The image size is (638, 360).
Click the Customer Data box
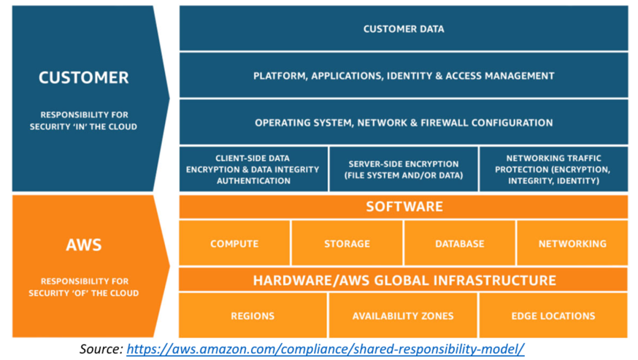tap(403, 29)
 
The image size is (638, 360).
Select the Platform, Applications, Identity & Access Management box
tap(403, 76)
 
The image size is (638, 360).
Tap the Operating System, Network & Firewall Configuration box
tap(403, 123)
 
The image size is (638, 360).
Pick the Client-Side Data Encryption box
tap(253, 169)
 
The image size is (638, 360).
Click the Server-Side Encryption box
tap(403, 169)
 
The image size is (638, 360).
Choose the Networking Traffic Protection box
tap(553, 169)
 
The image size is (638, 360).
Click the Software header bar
tap(403, 207)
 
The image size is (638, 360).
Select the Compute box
tap(234, 243)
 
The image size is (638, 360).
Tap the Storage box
tap(347, 243)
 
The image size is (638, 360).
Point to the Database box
tap(459, 243)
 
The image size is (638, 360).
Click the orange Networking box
tap(572, 243)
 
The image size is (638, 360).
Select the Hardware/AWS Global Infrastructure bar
tap(403, 280)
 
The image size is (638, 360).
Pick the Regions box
tap(253, 316)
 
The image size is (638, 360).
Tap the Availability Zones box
tap(403, 316)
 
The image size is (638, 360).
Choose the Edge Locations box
tap(553, 316)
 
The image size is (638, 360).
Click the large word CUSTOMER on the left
tap(83, 77)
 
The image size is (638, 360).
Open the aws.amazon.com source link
tap(326, 349)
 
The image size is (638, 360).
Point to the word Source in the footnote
tap(100, 349)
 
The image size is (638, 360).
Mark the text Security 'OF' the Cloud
tap(83, 293)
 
